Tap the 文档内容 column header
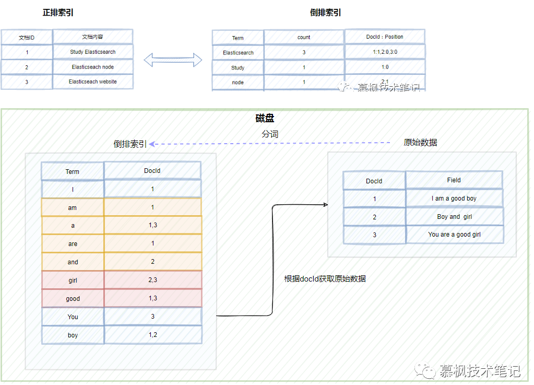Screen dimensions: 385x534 [x=92, y=37]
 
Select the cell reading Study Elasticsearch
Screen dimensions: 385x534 [x=92, y=52]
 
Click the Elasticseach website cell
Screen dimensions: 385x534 [x=92, y=81]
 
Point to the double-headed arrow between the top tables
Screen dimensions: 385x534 [x=173, y=60]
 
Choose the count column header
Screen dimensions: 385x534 [x=304, y=37]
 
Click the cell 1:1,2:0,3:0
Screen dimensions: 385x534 [x=385, y=52]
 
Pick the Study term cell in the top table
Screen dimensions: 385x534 [x=238, y=68]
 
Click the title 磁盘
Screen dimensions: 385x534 [x=265, y=119]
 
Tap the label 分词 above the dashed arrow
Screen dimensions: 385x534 [x=270, y=134]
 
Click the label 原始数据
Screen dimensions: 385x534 [x=420, y=143]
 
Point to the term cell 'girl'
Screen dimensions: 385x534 [x=73, y=281]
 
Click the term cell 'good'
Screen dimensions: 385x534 [x=73, y=299]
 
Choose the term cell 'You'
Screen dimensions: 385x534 [x=73, y=317]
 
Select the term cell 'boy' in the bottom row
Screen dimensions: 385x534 [x=73, y=335]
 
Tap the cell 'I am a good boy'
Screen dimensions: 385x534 [x=454, y=199]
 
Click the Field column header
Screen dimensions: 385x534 [x=454, y=180]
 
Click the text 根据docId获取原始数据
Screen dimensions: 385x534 [x=325, y=279]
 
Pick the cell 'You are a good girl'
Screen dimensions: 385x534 [x=454, y=235]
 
